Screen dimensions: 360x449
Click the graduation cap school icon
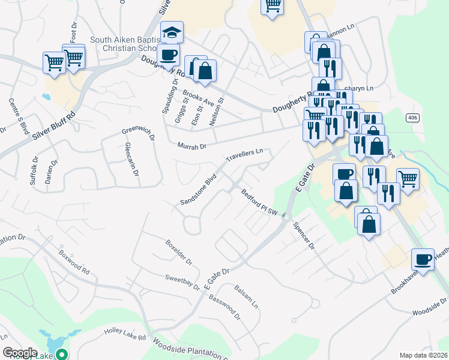tap(172, 32)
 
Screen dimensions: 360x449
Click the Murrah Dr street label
tap(191, 146)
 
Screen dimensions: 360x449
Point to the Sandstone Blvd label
tap(198, 191)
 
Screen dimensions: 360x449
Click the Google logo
tap(19, 352)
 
